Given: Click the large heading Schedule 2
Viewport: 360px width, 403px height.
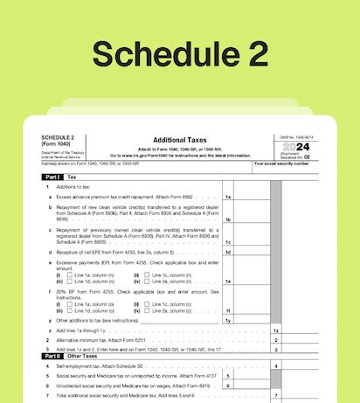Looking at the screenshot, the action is click(180, 54).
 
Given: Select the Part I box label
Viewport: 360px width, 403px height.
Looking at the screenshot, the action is click(53, 177).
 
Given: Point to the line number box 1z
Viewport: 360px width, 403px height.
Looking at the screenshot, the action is click(276, 331).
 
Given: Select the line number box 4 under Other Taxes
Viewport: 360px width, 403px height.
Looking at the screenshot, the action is click(276, 365).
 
